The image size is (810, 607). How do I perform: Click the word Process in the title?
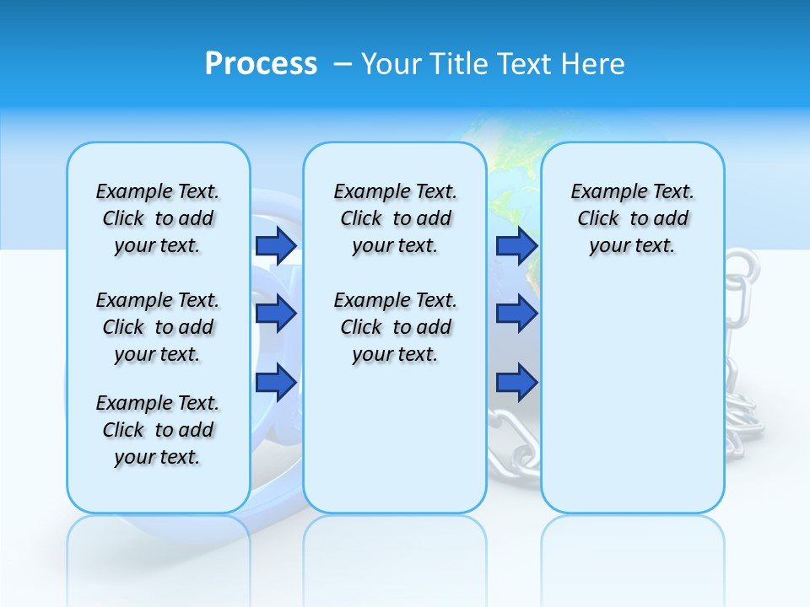[x=261, y=64]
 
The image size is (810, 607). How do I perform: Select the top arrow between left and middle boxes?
[x=276, y=245]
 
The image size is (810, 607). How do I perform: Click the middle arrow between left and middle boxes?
[x=276, y=314]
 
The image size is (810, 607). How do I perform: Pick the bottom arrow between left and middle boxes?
[x=276, y=382]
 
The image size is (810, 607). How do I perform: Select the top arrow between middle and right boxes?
[x=516, y=245]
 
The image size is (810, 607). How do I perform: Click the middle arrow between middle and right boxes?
[x=516, y=314]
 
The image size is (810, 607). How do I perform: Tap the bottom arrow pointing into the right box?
[x=516, y=382]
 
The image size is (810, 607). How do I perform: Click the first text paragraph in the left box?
[x=158, y=218]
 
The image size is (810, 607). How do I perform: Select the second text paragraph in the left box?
[x=158, y=327]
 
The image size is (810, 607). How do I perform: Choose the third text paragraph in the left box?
[x=158, y=430]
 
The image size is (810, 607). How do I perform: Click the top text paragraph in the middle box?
[x=395, y=218]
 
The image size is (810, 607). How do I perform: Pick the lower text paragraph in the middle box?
[x=395, y=327]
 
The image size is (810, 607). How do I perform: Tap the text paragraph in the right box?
[x=632, y=218]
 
